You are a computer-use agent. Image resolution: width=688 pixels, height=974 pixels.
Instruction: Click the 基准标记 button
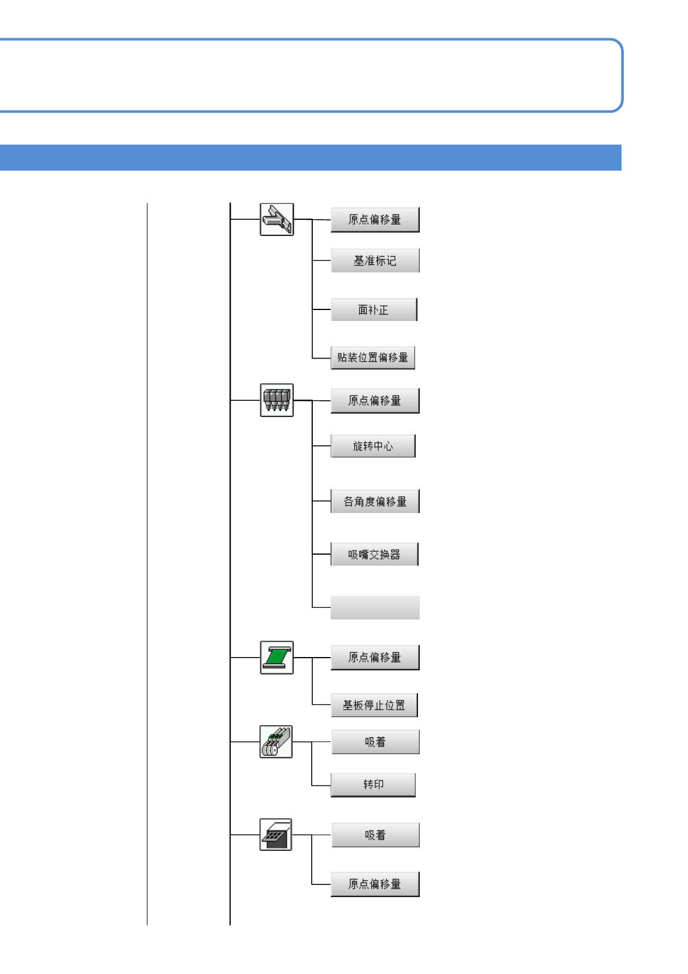tap(375, 261)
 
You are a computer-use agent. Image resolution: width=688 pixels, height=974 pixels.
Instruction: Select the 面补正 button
tap(373, 310)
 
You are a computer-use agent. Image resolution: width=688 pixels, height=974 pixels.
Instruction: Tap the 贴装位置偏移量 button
tap(373, 357)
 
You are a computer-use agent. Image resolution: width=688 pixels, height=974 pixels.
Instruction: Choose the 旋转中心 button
tap(373, 446)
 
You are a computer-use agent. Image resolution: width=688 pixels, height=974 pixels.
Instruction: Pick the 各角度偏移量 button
tap(375, 501)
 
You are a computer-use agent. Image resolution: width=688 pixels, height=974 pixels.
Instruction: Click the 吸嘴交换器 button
tap(374, 555)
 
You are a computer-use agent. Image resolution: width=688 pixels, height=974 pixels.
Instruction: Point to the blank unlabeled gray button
tap(375, 608)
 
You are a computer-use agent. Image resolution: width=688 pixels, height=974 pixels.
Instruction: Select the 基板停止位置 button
tap(374, 706)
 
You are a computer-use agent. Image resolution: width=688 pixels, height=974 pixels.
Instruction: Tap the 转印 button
tap(373, 785)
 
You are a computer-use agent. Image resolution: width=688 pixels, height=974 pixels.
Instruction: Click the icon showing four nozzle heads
tap(277, 400)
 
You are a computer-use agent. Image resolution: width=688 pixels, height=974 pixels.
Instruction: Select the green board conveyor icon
tap(277, 658)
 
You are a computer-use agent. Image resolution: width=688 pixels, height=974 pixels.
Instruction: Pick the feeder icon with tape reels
tap(276, 742)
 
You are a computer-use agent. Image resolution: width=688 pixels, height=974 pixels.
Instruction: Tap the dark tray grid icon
tap(276, 835)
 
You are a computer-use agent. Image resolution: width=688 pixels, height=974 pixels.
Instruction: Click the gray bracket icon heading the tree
tap(277, 220)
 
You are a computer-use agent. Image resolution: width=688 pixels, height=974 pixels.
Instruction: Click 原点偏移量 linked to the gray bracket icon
tap(375, 220)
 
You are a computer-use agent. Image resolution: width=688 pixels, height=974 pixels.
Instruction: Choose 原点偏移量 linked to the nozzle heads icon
tap(375, 401)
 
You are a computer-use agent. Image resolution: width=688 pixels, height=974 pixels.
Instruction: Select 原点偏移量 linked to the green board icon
tap(375, 658)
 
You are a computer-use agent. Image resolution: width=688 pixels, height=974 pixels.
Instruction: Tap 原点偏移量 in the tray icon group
tap(375, 884)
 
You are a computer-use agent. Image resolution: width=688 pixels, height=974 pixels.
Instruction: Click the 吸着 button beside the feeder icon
tap(375, 742)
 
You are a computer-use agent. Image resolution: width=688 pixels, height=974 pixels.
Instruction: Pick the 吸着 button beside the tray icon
tap(375, 835)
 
